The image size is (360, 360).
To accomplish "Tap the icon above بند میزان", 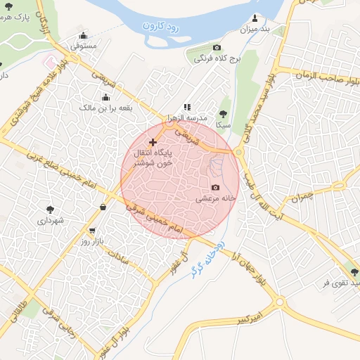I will tap(255, 18).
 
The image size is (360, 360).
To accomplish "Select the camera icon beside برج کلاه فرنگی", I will tap(217, 49).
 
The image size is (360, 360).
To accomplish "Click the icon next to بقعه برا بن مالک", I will tap(105, 98).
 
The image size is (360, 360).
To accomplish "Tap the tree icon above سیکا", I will tap(224, 112).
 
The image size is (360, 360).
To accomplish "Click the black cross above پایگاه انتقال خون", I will tap(153, 142).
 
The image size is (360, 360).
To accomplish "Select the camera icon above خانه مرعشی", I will tap(215, 187).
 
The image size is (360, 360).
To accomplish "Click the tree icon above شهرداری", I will tap(50, 209).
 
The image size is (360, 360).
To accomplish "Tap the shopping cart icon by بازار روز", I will tap(92, 231).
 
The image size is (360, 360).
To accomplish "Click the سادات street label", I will tap(116, 257).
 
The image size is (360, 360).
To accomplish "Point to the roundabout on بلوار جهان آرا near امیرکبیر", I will tap(281, 302).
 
